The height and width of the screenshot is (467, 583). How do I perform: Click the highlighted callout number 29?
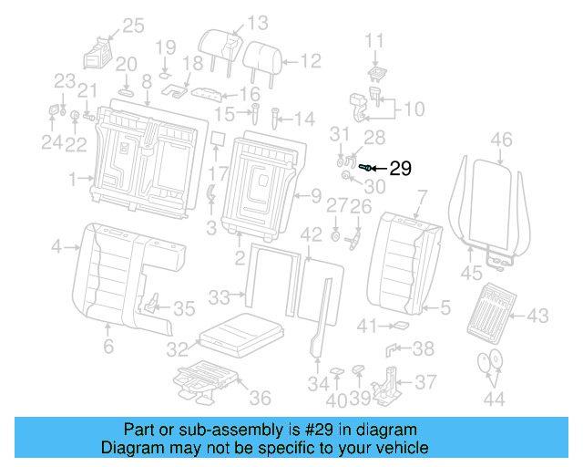401,168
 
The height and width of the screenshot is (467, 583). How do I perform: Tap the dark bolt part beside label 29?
366,168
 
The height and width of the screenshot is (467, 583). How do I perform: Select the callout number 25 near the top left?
133,26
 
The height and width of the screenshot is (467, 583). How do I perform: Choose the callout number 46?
501,140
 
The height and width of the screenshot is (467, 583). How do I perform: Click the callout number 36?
260,398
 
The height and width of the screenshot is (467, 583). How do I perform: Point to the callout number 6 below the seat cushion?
107,347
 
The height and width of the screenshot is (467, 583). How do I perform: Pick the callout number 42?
312,235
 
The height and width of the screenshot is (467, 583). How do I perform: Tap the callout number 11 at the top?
375,40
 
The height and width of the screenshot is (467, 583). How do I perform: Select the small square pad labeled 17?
218,140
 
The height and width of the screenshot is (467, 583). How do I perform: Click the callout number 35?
184,308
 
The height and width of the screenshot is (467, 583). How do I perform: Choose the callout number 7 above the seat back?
421,195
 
